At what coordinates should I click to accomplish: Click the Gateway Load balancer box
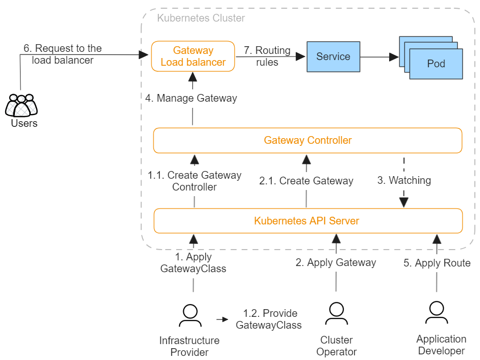(x=193, y=56)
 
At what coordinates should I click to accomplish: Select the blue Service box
(x=333, y=56)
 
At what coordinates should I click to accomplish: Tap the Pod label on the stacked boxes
(x=436, y=64)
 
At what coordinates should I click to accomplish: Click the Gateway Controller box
(x=308, y=140)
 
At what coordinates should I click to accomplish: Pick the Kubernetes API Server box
(x=308, y=221)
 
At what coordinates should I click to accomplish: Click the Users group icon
(x=22, y=105)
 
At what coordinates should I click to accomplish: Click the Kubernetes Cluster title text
(x=201, y=18)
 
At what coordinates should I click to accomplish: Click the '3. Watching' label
(x=404, y=180)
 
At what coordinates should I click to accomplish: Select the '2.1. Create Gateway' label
(x=306, y=181)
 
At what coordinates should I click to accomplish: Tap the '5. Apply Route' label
(x=437, y=263)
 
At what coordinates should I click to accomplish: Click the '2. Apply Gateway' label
(x=336, y=262)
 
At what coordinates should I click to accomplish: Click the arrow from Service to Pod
(x=379, y=57)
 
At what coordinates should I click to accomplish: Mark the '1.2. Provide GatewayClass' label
(x=268, y=319)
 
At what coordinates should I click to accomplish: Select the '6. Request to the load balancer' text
(x=63, y=54)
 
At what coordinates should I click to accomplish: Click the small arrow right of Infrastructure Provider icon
(x=222, y=319)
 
